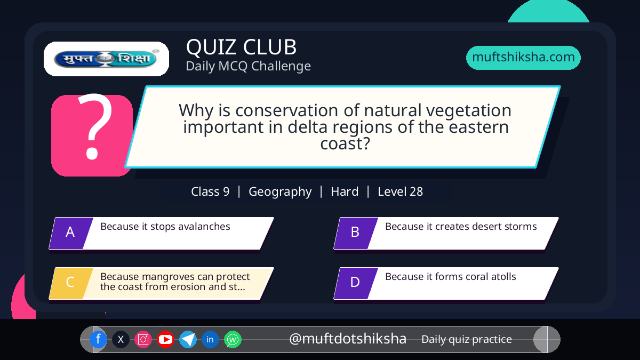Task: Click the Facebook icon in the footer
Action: click(98, 339)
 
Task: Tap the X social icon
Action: click(121, 339)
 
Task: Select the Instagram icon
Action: click(143, 339)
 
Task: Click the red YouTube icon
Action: click(165, 339)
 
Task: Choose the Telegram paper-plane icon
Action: click(188, 339)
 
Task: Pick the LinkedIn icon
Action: click(210, 339)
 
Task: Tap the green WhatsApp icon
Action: click(233, 339)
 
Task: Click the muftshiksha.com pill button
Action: click(523, 58)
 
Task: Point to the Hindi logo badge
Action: click(106, 59)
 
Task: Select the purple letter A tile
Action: click(71, 233)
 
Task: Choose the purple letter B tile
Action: click(356, 233)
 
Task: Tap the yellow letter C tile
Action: click(71, 283)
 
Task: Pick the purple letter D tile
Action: click(356, 283)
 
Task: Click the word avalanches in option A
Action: click(204, 227)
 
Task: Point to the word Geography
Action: click(280, 192)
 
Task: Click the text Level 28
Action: click(401, 191)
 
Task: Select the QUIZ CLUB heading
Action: click(242, 47)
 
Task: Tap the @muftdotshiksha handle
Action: click(348, 339)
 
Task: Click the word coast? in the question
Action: click(345, 143)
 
